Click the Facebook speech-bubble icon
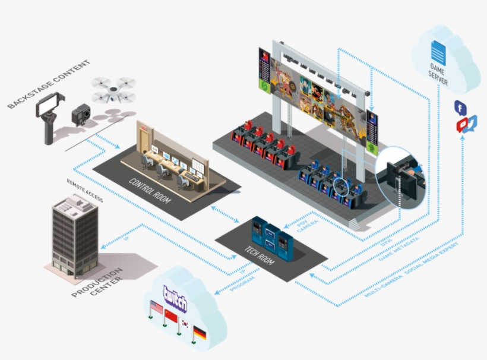459,108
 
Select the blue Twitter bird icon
471,122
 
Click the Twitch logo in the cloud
175,298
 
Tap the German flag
200,333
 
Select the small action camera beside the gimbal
81,113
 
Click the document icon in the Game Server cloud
438,50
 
